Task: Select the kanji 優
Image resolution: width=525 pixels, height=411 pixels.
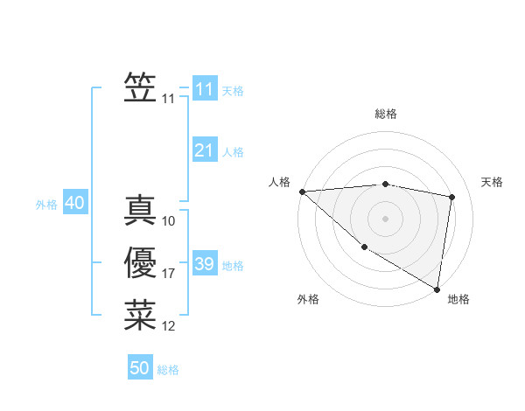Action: tap(140, 263)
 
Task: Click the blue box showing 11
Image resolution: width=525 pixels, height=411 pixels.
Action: tap(204, 89)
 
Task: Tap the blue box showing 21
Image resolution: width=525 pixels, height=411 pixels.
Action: tap(204, 150)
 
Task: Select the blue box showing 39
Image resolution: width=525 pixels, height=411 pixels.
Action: tap(204, 264)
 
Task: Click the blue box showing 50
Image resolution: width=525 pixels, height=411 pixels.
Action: tap(140, 368)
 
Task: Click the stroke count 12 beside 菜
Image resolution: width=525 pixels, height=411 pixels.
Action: tap(168, 327)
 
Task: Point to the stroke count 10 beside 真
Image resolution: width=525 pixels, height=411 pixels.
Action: tap(168, 222)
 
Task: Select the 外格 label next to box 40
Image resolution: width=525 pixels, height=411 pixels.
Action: tap(46, 205)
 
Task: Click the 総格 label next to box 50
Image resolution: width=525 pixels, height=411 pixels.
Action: tap(168, 370)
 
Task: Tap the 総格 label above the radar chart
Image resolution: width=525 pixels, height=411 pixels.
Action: tap(385, 114)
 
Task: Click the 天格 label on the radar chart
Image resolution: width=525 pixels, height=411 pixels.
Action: tap(493, 182)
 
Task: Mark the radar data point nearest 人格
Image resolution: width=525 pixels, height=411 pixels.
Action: tap(302, 191)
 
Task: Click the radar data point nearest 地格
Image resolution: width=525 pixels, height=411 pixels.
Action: tap(437, 289)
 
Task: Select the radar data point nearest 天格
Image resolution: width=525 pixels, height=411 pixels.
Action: tap(452, 197)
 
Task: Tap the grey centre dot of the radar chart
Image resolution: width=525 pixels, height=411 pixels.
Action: tap(385, 218)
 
